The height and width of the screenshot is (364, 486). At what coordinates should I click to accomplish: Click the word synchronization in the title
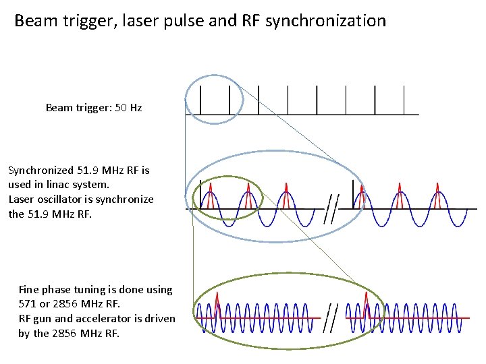(x=325, y=21)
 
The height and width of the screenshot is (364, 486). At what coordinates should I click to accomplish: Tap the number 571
(x=30, y=304)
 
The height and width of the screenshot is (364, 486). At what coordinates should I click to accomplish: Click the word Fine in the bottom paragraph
(x=29, y=289)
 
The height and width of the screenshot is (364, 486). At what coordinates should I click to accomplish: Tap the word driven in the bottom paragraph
(x=159, y=318)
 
